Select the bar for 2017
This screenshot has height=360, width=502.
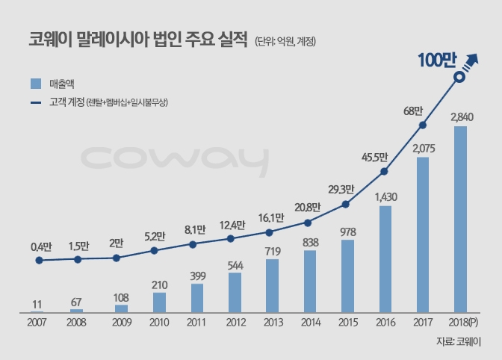423,235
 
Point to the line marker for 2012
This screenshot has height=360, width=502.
230,239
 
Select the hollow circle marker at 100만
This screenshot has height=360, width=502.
460,75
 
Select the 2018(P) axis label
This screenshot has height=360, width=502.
463,323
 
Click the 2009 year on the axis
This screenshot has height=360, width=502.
121,323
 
